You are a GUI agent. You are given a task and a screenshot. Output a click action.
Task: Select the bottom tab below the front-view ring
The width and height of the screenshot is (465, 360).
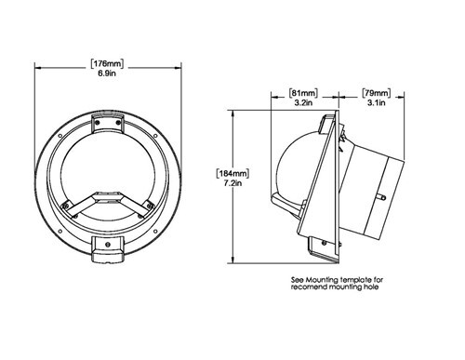pyautogui.click(x=110, y=250)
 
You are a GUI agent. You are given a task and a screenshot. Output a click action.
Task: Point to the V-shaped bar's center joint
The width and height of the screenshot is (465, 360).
pyautogui.click(x=110, y=197)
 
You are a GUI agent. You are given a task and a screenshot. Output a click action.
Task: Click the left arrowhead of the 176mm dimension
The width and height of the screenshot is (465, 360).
pyautogui.click(x=38, y=67)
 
